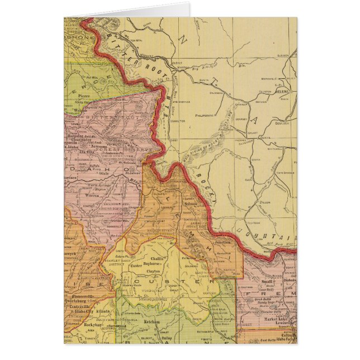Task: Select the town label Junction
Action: click(222, 243)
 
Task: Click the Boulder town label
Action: click(283, 124)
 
